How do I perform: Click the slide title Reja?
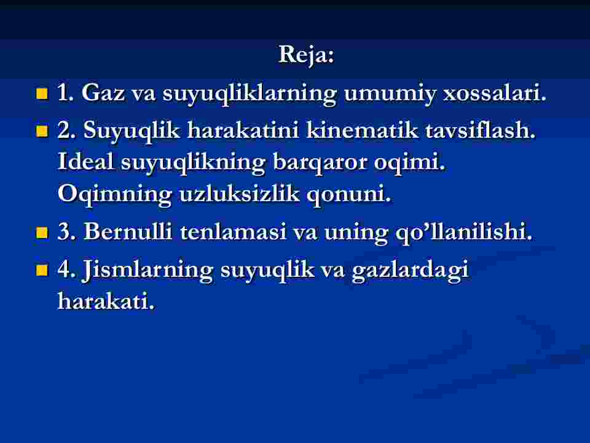tap(306, 55)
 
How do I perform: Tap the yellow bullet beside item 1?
tap(42, 94)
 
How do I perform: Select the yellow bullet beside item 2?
tap(42, 131)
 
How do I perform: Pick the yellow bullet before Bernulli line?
tap(42, 233)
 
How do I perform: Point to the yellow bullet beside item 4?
tap(42, 269)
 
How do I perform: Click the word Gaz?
tap(103, 93)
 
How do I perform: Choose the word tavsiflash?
tap(481, 130)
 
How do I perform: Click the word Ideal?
tap(85, 162)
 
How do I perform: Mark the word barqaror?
tap(320, 163)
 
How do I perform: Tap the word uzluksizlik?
tap(239, 194)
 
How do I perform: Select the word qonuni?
tap(349, 195)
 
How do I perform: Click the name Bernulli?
tap(128, 231)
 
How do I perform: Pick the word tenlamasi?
tap(234, 231)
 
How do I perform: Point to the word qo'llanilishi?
tap(464, 233)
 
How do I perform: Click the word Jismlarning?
tap(147, 271)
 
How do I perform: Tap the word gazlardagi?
tap(411, 271)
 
